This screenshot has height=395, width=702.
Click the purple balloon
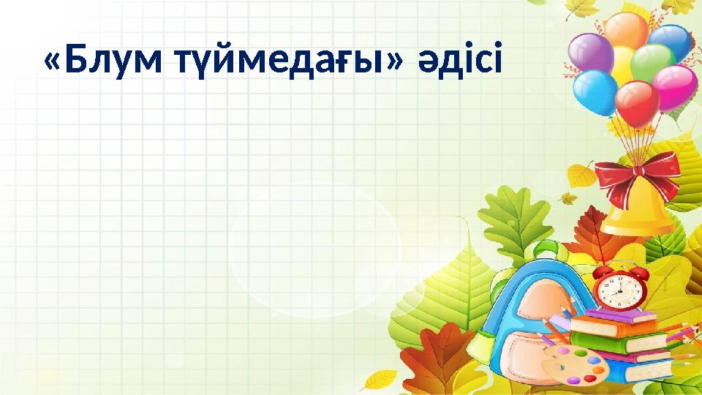[591, 53]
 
